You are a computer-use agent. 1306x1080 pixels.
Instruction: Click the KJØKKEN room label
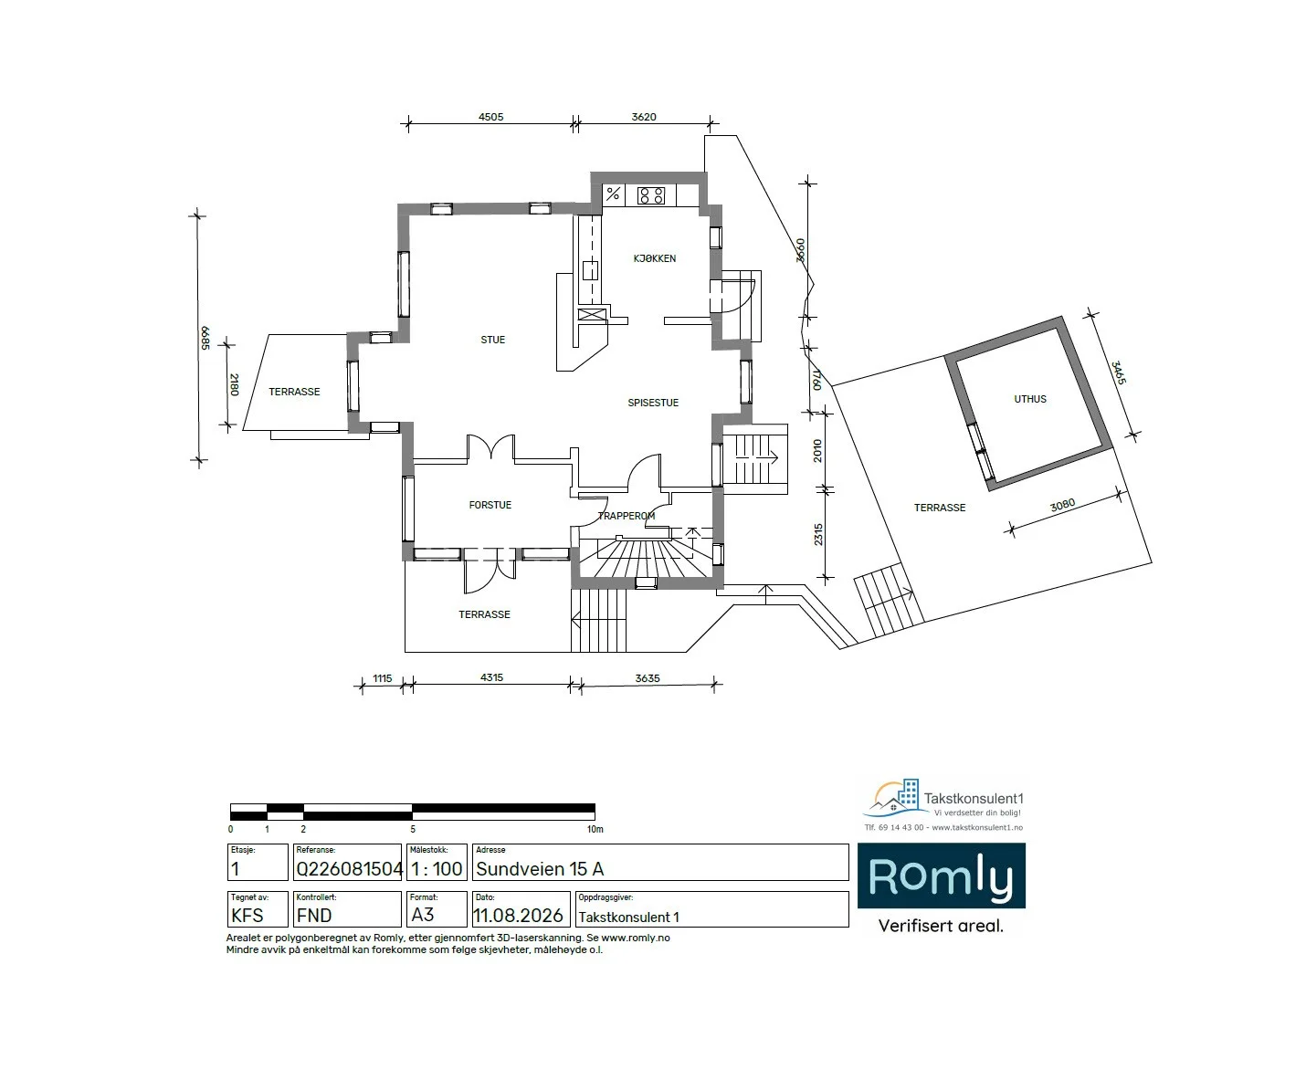654,258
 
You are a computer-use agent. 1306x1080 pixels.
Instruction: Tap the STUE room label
493,340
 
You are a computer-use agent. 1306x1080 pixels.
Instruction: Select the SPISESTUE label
653,403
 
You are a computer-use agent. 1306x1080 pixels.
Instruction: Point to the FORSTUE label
490,505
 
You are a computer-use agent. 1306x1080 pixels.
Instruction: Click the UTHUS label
1030,399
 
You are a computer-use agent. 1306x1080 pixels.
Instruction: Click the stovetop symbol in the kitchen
650,195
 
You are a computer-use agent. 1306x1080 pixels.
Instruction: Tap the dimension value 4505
491,117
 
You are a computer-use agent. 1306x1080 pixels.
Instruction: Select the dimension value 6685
205,339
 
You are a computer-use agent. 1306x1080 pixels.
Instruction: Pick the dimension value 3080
1063,505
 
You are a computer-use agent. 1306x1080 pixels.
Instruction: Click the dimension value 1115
382,678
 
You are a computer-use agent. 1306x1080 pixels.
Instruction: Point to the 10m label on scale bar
595,829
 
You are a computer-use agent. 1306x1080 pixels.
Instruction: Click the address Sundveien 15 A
540,868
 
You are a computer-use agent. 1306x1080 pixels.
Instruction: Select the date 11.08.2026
518,916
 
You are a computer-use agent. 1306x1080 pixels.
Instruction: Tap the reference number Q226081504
349,868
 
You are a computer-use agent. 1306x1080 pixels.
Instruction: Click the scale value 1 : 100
437,868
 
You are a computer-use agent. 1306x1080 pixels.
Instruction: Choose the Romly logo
942,876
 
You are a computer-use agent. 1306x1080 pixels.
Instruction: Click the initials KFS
248,916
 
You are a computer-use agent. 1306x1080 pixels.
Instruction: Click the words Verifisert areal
941,926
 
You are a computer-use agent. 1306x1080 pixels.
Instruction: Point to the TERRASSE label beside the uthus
940,508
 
